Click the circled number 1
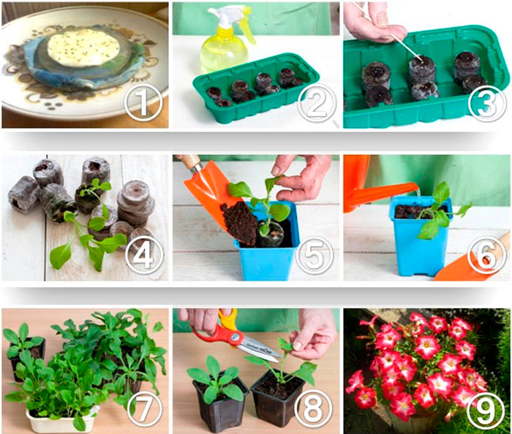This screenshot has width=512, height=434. pyautogui.click(x=143, y=103)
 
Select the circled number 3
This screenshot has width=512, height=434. pyautogui.click(x=487, y=103)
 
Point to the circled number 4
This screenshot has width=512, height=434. pyautogui.click(x=143, y=254)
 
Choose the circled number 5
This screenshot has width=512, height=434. pyautogui.click(x=315, y=254)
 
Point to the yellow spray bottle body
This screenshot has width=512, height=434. pyautogui.click(x=222, y=52)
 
